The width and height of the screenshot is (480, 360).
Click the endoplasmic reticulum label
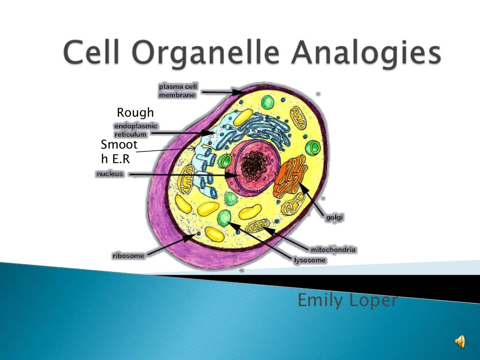(x=136, y=130)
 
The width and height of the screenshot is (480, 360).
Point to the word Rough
(x=135, y=112)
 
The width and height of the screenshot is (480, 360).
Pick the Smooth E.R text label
(x=119, y=152)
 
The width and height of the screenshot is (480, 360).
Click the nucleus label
(x=110, y=174)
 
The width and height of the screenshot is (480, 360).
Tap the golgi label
(x=334, y=217)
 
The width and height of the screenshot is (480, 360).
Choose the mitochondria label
(x=333, y=250)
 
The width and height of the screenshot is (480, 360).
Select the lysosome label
(x=309, y=260)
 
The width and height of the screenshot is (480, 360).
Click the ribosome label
(x=128, y=256)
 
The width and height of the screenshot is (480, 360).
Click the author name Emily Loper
(x=347, y=300)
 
